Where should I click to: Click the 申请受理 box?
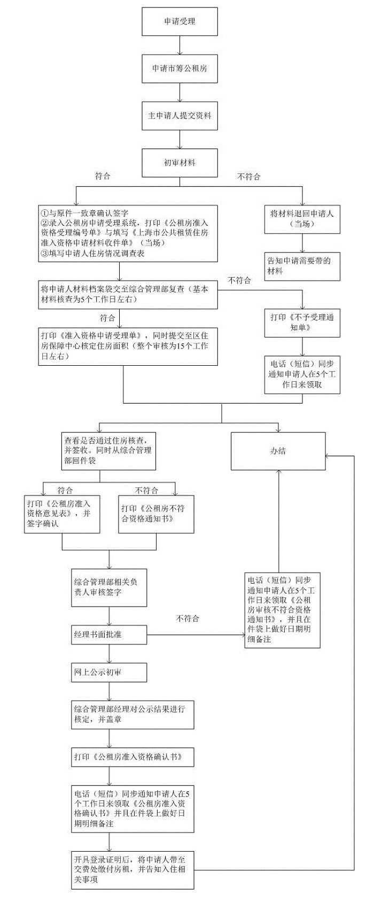pos(180,22)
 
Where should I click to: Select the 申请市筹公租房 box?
pos(180,68)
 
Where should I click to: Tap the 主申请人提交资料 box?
pos(180,115)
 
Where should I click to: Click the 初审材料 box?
pos(180,162)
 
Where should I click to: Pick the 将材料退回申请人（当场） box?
pos(302,219)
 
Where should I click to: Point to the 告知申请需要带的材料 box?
pos(302,266)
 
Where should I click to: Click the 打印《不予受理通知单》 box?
pos(302,322)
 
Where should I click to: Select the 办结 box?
pos(278,451)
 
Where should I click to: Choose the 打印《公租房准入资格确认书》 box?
pos(133,757)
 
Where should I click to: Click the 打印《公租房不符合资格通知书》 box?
pos(155,514)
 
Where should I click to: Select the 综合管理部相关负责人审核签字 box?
pos(109,587)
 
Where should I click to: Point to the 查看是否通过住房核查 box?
pos(110,451)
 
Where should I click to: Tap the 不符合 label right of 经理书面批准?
pos(187,619)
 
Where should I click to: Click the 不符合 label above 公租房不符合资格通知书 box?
pos(146,491)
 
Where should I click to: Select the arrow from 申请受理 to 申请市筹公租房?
pos(180,45)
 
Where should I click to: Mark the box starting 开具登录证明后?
pos(133,870)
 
